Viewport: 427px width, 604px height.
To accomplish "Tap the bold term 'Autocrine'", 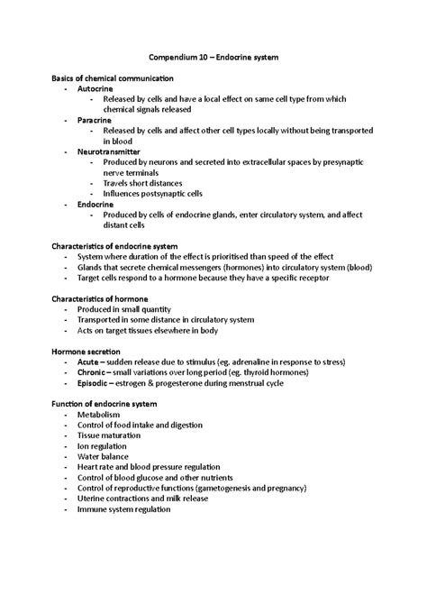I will pyautogui.click(x=95, y=91).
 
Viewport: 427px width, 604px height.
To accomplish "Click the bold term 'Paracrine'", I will pyautogui.click(x=95, y=120).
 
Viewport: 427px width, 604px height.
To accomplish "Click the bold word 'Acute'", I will pyautogui.click(x=92, y=361).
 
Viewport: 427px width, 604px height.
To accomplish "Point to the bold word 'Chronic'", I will pyautogui.click(x=95, y=371).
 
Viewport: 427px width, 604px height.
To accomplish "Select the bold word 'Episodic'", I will pyautogui.click(x=97, y=382).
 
